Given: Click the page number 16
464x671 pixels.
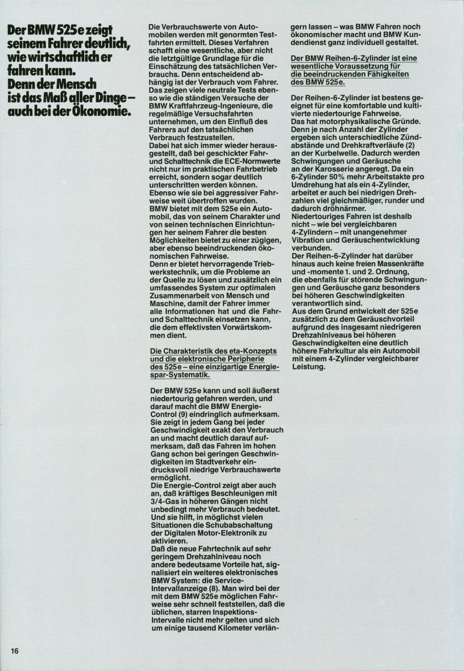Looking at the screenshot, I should (14, 651).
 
